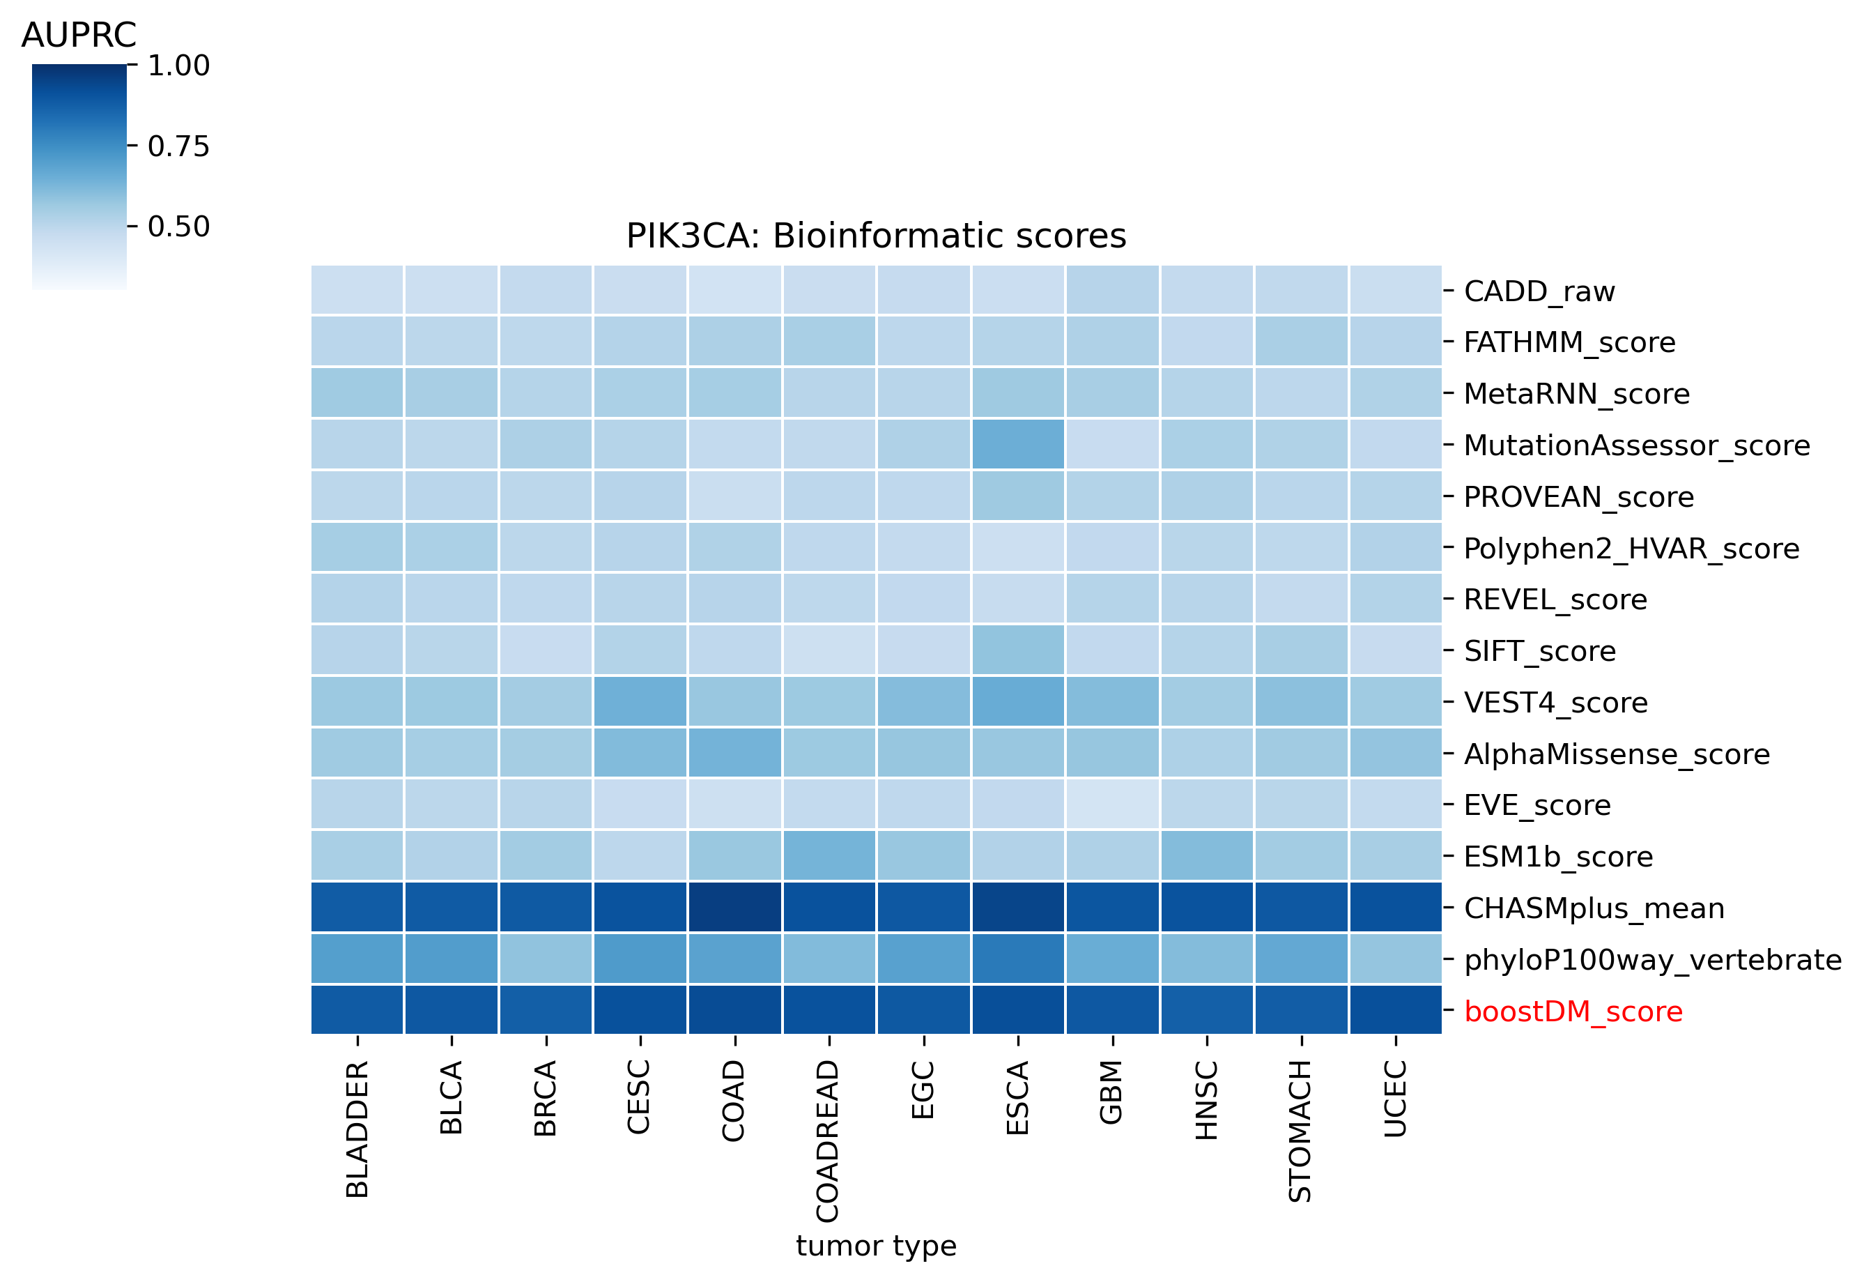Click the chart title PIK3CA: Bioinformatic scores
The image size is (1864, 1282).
tap(876, 236)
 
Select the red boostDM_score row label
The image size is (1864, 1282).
tap(1573, 1012)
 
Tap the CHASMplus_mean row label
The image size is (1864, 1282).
tap(1594, 908)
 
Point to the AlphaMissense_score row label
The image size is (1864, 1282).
tap(1616, 754)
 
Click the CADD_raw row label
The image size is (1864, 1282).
tap(1539, 291)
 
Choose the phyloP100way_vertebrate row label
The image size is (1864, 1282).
tap(1652, 960)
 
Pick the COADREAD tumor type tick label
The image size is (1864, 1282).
tap(828, 1140)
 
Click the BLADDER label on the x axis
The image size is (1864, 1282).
tap(357, 1129)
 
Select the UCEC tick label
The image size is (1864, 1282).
tap(1395, 1098)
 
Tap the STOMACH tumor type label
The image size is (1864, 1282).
tap(1300, 1130)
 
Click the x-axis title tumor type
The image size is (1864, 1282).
tap(876, 1246)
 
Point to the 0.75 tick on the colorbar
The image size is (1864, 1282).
tap(178, 146)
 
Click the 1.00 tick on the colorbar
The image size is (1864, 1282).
tap(178, 66)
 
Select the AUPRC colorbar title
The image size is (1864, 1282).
tap(79, 36)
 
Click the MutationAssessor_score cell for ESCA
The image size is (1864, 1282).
tap(1018, 444)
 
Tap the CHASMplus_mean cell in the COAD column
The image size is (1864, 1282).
tap(734, 907)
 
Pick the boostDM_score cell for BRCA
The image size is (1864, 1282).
tap(546, 1009)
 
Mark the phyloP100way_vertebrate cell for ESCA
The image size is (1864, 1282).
tap(1018, 959)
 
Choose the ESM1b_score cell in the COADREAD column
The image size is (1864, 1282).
tap(829, 855)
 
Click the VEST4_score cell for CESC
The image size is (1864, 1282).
tap(640, 701)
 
